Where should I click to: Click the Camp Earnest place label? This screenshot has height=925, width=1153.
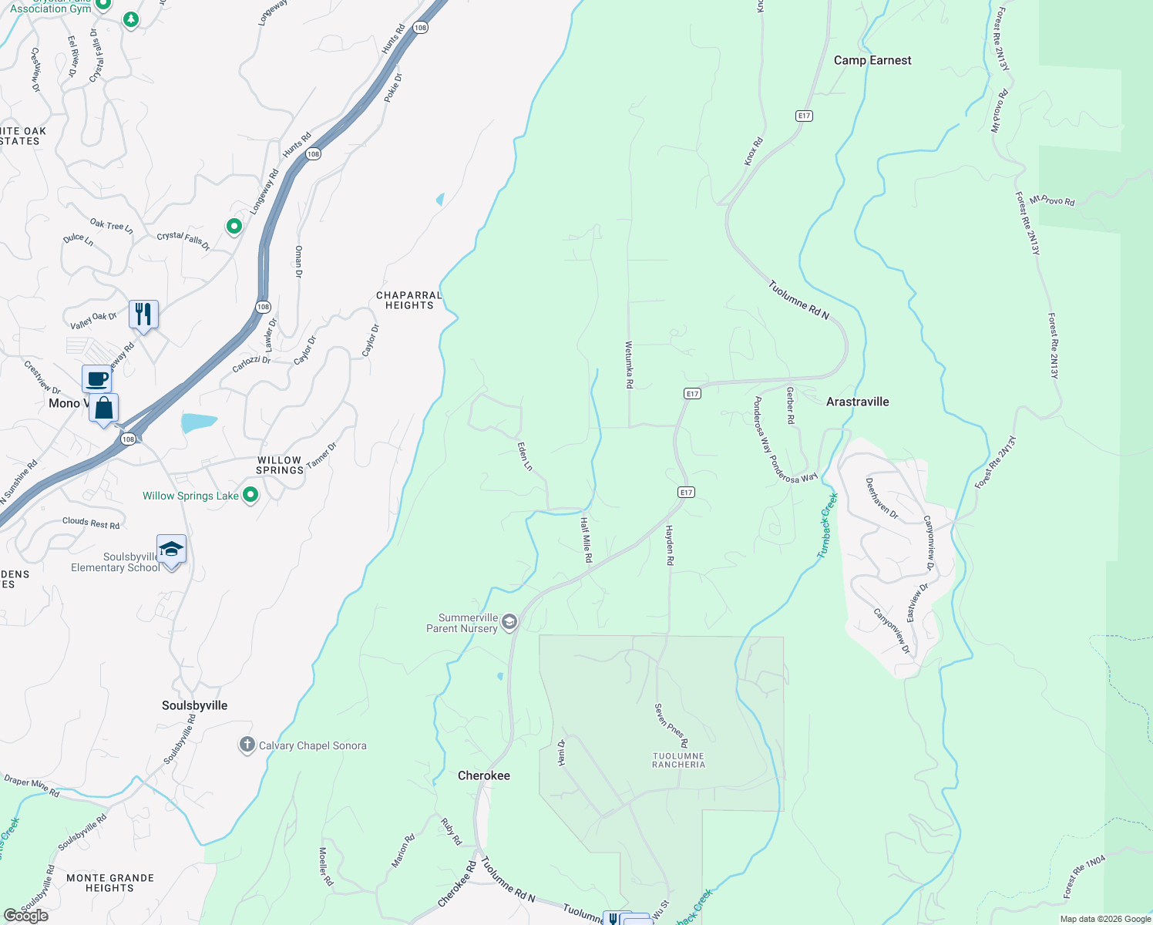(872, 60)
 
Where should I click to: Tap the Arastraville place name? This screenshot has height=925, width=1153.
(857, 402)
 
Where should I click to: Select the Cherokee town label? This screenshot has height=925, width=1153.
(484, 775)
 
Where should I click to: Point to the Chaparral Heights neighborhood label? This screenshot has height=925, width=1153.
(409, 301)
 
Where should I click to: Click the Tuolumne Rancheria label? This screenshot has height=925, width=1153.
(678, 761)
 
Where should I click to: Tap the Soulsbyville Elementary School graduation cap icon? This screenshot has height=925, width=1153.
(171, 550)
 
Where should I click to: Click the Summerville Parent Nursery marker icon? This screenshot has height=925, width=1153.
(509, 622)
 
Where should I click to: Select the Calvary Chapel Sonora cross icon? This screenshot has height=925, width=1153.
(247, 745)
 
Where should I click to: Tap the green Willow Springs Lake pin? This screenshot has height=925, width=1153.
(250, 495)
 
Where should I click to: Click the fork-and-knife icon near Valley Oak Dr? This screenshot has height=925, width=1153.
(143, 314)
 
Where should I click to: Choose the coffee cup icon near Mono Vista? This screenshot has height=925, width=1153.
(97, 379)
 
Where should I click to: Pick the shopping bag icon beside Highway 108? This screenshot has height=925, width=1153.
(104, 408)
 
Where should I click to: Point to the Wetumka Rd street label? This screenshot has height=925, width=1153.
(630, 364)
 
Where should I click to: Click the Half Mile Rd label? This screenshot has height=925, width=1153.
(587, 540)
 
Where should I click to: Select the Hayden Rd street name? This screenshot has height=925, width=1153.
(669, 546)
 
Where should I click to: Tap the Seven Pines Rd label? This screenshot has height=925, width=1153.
(671, 725)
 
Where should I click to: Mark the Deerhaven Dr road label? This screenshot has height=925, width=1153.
(881, 498)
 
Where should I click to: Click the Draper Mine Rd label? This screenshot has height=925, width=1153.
(32, 786)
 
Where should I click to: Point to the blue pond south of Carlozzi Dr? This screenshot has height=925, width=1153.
(199, 422)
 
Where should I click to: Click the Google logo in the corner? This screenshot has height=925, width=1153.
(26, 915)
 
